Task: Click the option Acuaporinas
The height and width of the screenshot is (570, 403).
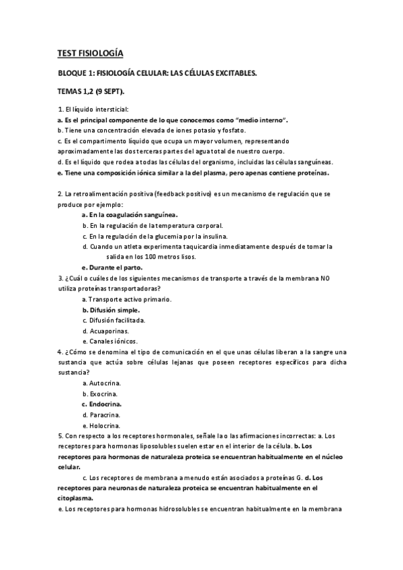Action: click(109, 331)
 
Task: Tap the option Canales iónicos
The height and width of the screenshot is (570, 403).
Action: click(114, 341)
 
